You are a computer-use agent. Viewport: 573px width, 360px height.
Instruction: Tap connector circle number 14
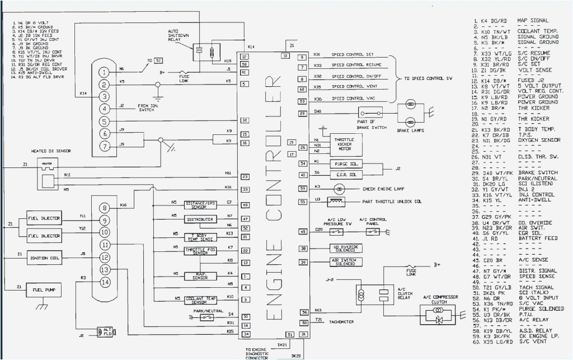click(x=105, y=283)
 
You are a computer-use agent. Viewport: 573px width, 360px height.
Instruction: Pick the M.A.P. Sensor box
click(x=200, y=275)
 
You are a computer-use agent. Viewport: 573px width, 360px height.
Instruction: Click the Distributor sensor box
click(x=200, y=218)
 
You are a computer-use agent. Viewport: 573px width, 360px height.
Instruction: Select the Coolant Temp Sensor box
click(x=200, y=300)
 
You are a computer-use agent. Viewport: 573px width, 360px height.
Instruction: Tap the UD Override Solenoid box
click(x=346, y=248)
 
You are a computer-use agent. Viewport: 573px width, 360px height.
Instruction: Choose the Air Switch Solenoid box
click(x=346, y=262)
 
